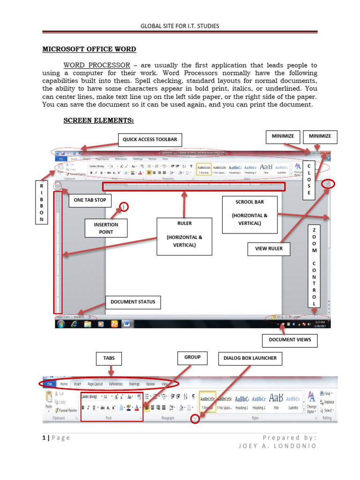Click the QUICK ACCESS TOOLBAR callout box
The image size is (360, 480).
150,139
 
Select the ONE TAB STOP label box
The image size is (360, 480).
90,200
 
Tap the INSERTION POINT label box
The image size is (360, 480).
106,228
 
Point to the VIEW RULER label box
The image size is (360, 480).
269,248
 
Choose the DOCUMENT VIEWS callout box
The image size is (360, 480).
290,340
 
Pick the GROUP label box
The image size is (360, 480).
193,357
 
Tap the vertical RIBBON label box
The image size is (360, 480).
41,203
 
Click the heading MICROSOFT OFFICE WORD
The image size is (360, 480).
90,49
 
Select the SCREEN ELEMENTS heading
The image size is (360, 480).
98,121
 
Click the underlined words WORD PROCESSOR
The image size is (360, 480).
97,65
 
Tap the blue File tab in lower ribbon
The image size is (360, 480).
49,384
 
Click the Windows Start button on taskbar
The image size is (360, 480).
61,324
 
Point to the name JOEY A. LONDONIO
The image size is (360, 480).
277,446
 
